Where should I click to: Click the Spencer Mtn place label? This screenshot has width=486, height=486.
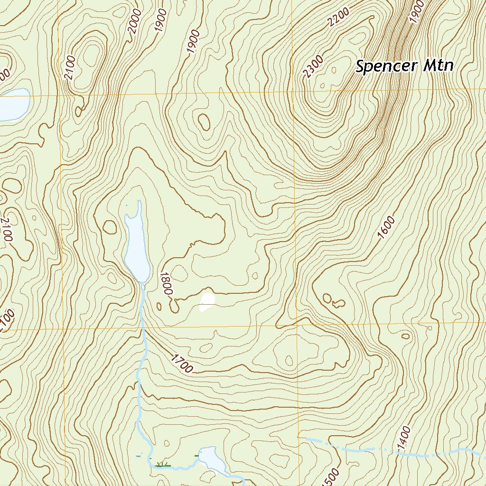tap(405, 66)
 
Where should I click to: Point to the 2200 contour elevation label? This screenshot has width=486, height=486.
tap(339, 18)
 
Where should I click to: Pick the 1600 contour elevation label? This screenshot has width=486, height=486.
tap(387, 227)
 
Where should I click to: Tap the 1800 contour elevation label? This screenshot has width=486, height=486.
tap(165, 283)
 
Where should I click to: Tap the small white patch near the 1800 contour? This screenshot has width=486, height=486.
tap(207, 301)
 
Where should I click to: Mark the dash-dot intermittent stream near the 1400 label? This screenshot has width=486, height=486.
tap(361, 448)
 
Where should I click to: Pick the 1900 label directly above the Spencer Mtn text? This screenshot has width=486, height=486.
tap(416, 12)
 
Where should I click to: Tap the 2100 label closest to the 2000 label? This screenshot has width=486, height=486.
tap(71, 69)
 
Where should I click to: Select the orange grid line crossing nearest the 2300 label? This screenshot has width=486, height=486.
tap(291, 92)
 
